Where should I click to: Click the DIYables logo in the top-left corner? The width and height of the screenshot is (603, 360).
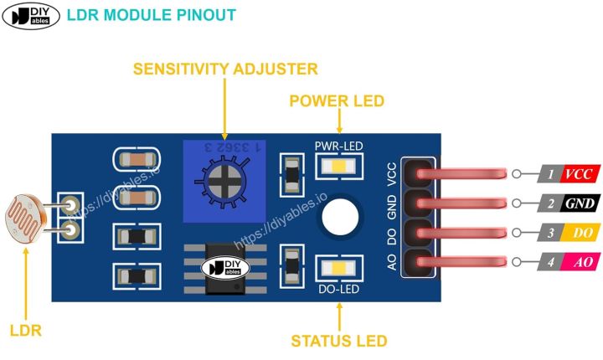[x=31, y=15]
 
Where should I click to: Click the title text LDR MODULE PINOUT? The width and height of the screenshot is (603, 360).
[x=151, y=15]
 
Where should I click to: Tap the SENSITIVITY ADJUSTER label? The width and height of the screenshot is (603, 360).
[x=225, y=69]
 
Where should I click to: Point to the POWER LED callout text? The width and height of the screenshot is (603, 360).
[x=337, y=101]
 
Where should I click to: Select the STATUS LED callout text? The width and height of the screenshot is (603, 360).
[x=339, y=341]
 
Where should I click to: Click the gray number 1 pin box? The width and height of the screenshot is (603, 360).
[x=549, y=174]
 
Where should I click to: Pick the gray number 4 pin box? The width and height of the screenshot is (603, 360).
[x=549, y=262]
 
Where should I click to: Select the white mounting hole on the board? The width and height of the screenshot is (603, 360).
[x=339, y=217]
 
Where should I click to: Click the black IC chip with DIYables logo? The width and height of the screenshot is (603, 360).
[x=226, y=268]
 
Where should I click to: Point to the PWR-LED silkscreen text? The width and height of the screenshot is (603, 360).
[x=338, y=147]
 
